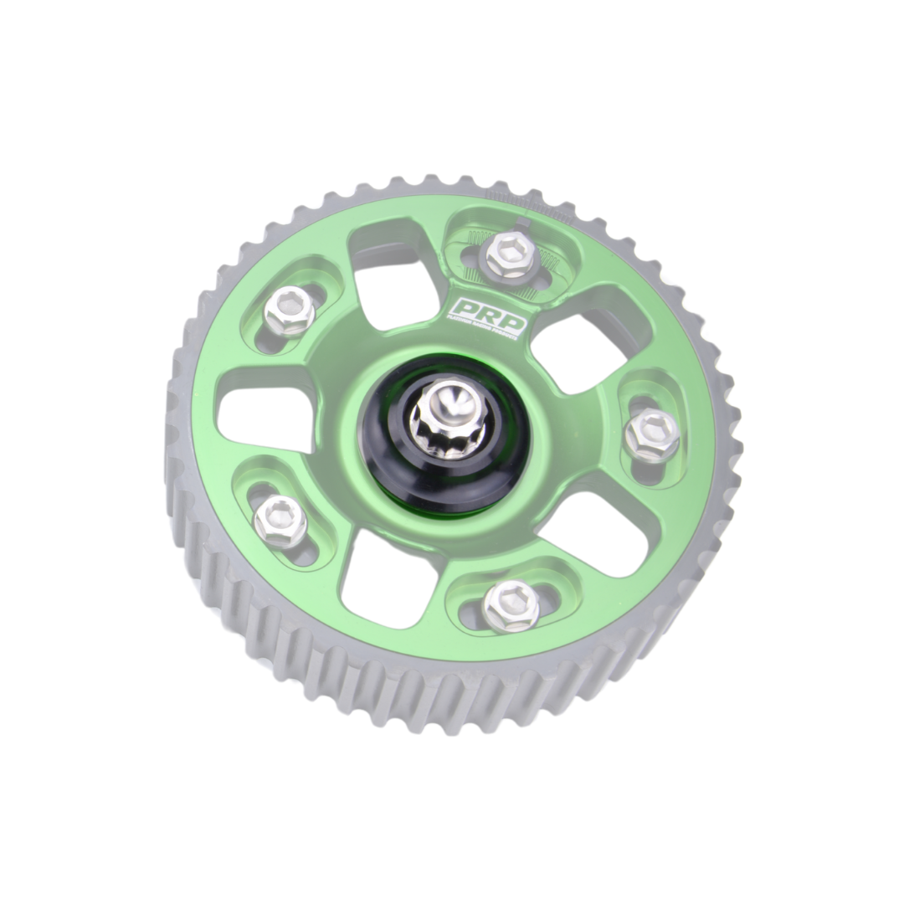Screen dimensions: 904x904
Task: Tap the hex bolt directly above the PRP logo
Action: point(510,254)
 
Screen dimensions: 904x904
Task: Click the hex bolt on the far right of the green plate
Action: point(652,434)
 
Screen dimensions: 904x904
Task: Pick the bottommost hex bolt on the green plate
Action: point(511,605)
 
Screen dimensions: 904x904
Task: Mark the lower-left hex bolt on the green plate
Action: point(280,520)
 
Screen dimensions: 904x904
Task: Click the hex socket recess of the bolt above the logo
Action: point(510,252)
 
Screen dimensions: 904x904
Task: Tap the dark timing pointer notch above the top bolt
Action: point(522,223)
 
